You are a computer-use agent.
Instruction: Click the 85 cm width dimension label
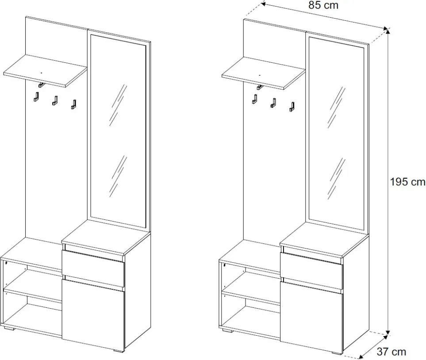(x=323, y=5)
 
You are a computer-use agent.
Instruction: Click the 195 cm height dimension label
(x=407, y=182)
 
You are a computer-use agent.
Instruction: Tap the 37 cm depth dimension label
(x=391, y=352)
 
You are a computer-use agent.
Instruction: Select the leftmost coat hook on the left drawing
(x=36, y=97)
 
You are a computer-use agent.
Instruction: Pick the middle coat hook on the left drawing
(x=55, y=100)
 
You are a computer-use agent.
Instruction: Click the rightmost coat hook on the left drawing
(x=73, y=104)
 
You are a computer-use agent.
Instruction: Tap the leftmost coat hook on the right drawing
(x=254, y=99)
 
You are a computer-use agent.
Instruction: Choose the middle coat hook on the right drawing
(x=273, y=103)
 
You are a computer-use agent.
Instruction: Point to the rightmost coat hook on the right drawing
(x=292, y=107)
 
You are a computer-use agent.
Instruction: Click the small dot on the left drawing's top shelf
(x=41, y=73)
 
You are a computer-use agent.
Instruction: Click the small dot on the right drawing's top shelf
(x=260, y=75)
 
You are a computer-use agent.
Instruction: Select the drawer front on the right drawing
(x=311, y=271)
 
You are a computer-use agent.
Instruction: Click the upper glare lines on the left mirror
(x=118, y=105)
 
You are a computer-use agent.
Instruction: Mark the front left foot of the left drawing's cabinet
(x=9, y=329)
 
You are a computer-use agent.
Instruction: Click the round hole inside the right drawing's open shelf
(x=225, y=265)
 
